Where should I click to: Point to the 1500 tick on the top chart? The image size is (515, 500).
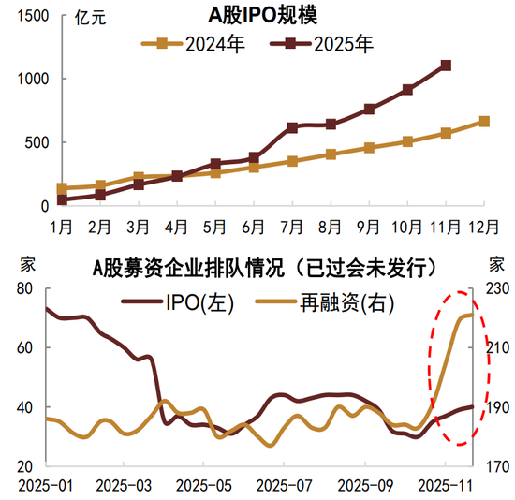pos(33,16)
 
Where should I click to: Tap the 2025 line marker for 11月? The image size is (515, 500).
pos(447,66)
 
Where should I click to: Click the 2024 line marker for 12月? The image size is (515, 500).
pos(484,121)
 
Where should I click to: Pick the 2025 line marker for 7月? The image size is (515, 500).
pos(292,127)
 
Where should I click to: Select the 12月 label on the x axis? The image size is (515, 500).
pos(483,228)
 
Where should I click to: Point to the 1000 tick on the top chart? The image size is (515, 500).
pos(33,80)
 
